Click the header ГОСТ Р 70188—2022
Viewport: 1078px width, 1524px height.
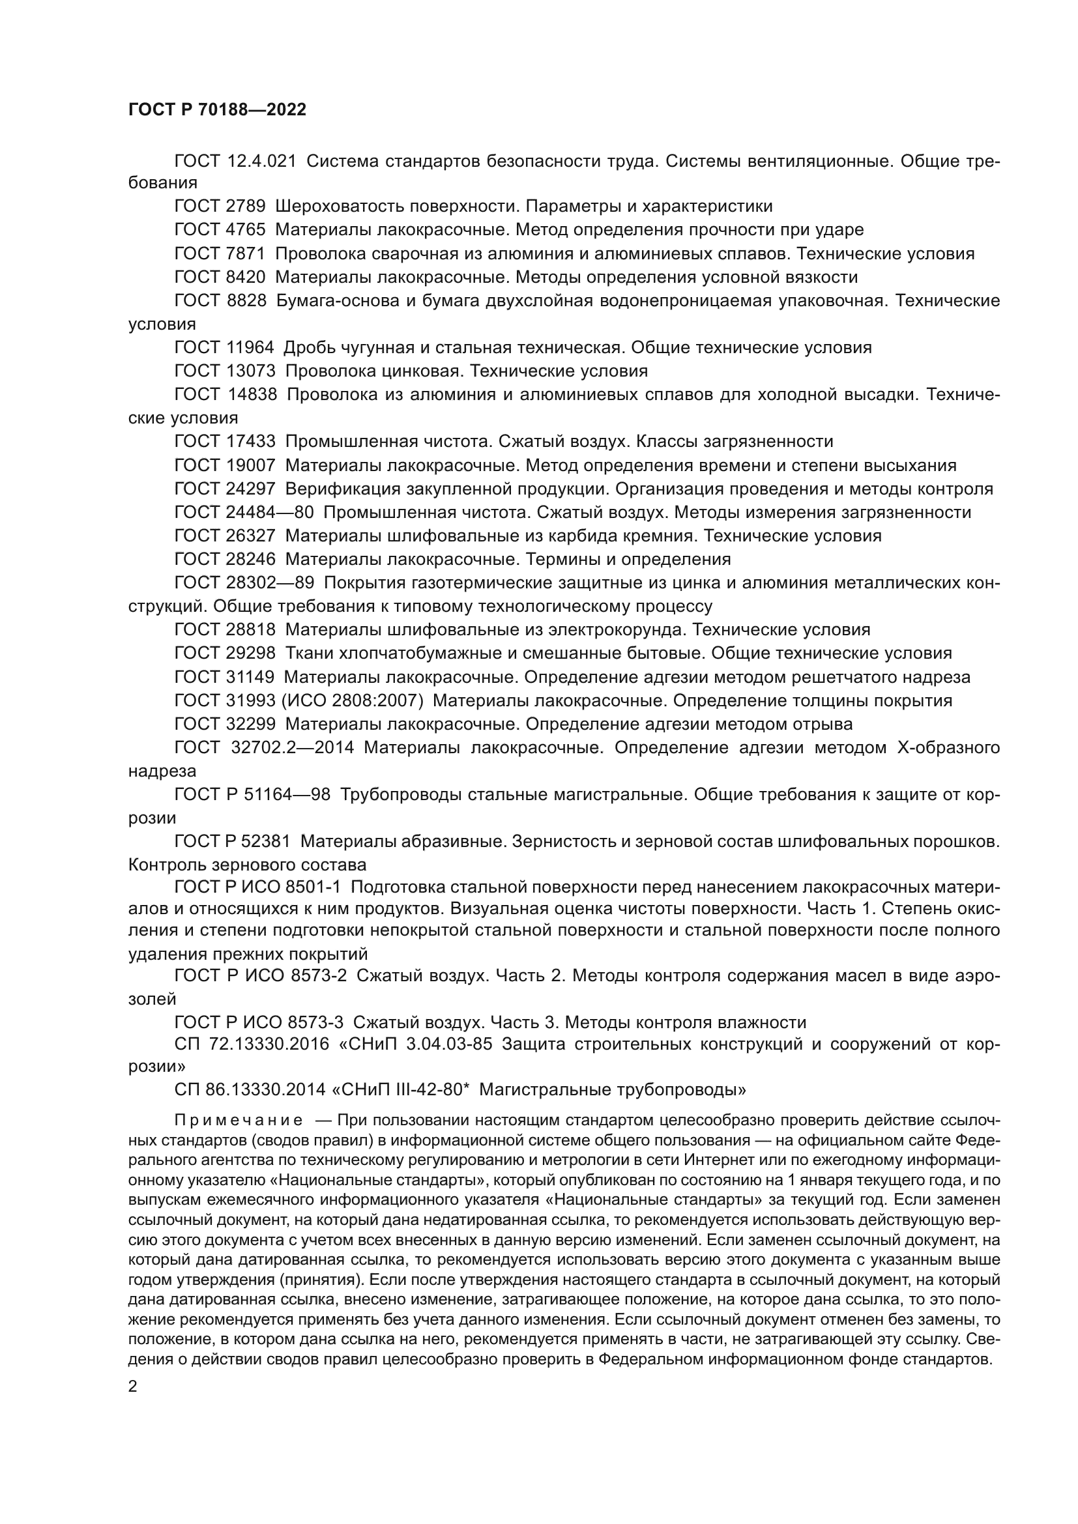(x=217, y=110)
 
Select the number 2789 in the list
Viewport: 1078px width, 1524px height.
(x=246, y=207)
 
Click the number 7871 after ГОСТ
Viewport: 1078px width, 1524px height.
(x=246, y=253)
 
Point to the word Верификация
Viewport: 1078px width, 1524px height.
(x=339, y=489)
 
